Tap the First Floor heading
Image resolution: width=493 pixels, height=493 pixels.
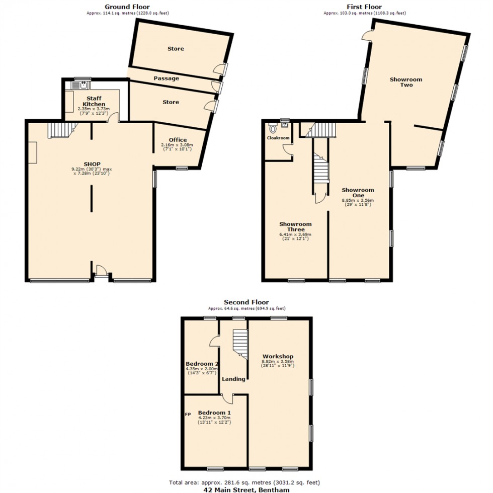click(365, 7)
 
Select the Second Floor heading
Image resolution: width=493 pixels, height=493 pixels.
click(247, 302)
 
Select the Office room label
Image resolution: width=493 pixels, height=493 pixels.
click(178, 140)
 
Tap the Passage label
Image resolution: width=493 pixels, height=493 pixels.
click(166, 78)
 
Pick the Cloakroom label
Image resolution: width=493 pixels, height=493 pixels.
click(278, 137)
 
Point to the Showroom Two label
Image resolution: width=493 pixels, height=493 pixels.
click(406, 82)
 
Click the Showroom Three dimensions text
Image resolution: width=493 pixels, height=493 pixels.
click(295, 236)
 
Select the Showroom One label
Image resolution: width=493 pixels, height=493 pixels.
click(358, 193)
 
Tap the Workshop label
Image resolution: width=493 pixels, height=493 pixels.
click(277, 356)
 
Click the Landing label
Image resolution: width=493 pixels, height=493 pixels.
click(234, 379)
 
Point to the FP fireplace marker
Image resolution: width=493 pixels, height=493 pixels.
click(188, 415)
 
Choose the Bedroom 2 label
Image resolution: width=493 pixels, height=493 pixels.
click(202, 364)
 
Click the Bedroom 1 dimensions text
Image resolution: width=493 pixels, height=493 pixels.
click(215, 420)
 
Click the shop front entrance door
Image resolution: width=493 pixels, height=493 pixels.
click(102, 275)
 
